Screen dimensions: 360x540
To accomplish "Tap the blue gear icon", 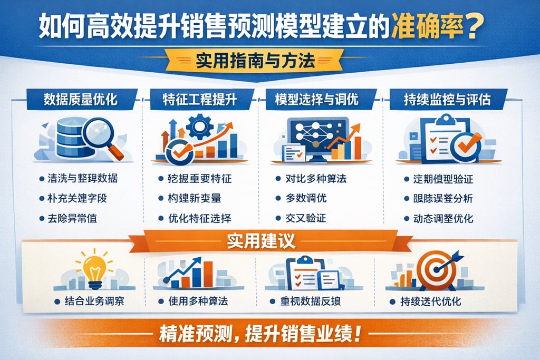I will [x=199, y=127].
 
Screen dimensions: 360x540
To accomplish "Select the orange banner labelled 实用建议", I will [x=261, y=241].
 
